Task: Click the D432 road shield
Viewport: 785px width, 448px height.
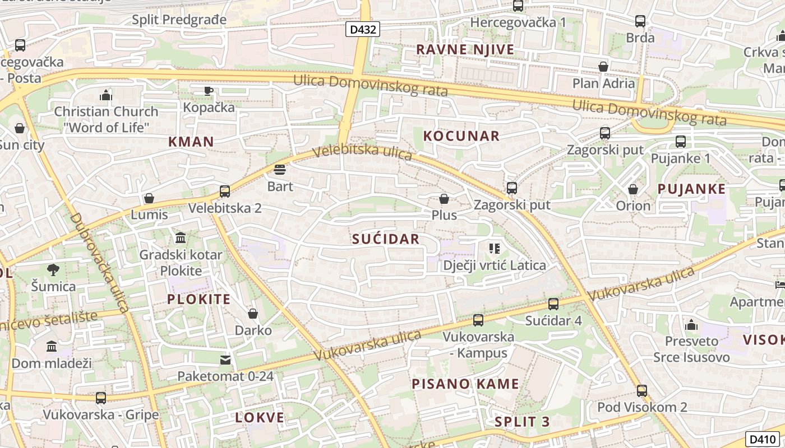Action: point(363,29)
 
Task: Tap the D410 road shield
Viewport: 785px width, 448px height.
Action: point(762,440)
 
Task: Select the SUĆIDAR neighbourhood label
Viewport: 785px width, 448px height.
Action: point(386,239)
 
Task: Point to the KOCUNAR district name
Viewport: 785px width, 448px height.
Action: point(461,136)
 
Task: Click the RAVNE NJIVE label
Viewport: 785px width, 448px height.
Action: point(465,49)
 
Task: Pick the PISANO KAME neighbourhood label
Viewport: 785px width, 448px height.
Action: point(465,384)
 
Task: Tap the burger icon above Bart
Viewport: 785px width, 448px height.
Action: point(280,169)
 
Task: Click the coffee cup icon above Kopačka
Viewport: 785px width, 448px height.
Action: point(209,90)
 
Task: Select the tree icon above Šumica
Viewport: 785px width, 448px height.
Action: point(53,270)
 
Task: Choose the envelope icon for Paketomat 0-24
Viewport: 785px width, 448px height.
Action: point(225,360)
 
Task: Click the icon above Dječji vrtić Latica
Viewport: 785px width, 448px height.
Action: point(494,248)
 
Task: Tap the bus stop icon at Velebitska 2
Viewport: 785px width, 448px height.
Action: point(225,192)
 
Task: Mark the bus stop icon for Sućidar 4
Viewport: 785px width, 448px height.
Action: point(553,304)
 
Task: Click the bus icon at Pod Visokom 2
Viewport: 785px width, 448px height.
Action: point(642,390)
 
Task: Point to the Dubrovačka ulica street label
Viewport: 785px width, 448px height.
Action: point(100,262)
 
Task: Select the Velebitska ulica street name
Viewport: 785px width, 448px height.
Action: point(362,152)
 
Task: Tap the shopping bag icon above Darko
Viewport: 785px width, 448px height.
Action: point(253,314)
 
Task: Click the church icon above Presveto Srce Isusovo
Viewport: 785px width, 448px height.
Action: point(691,325)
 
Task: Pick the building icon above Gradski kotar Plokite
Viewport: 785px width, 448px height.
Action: point(181,238)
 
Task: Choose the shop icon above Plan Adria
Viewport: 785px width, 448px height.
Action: point(603,67)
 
